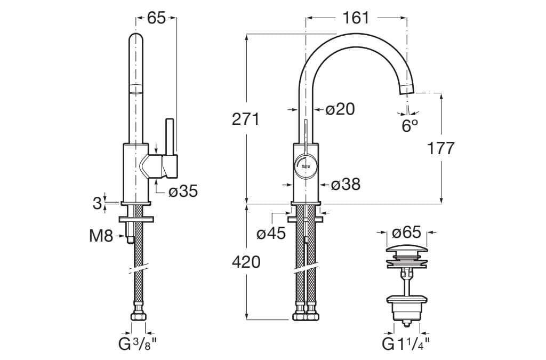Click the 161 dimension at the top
[356, 18]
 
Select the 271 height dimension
[246, 119]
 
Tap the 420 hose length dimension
[246, 262]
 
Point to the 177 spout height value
[441, 148]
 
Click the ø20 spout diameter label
[340, 109]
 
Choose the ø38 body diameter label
[346, 185]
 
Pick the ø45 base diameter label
[271, 233]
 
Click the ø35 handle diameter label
[183, 191]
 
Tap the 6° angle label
[409, 126]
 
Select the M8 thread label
[101, 235]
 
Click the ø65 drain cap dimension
[406, 233]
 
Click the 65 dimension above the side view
[156, 18]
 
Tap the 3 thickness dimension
[97, 203]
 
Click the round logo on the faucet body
[306, 165]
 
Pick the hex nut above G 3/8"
[138, 317]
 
